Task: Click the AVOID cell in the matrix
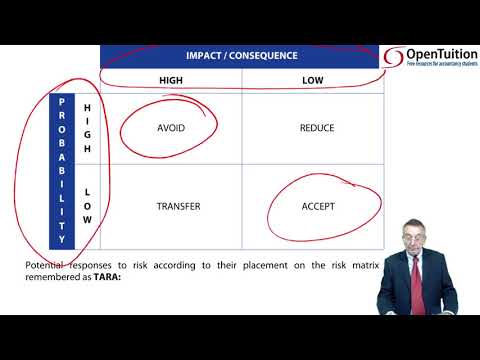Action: (171, 128)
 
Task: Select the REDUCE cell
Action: (316, 128)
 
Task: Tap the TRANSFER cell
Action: (178, 207)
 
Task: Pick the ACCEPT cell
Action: (317, 207)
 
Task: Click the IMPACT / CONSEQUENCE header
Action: (240, 55)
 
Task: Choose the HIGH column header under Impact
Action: (171, 80)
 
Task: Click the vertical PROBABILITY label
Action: (62, 170)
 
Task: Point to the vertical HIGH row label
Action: (87, 128)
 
